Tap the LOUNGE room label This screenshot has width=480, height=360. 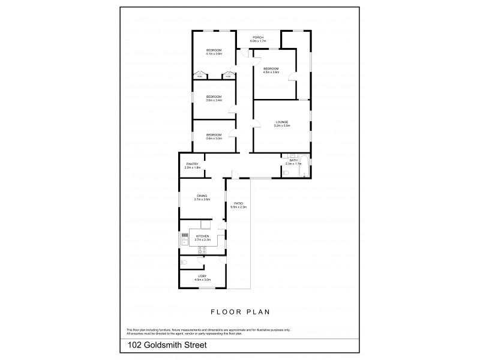(282, 122)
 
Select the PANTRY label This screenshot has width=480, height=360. (193, 163)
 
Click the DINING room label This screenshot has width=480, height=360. (202, 196)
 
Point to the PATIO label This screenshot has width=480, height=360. (238, 203)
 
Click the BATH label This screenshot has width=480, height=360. (293, 160)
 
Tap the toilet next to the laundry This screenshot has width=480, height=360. (184, 263)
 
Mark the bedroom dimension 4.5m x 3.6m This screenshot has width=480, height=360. (272, 73)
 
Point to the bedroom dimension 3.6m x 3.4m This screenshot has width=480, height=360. (214, 100)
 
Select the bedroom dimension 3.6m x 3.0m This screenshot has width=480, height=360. (214, 139)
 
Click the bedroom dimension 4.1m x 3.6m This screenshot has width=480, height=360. (214, 54)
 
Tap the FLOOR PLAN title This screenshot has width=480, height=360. (240, 313)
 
